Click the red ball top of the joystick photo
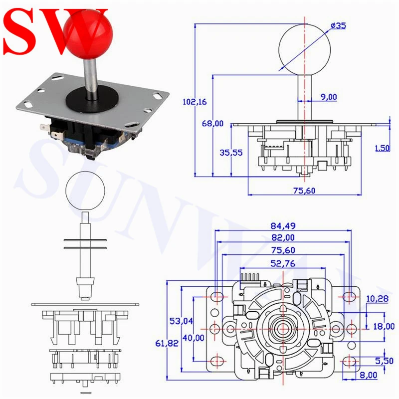[88, 34]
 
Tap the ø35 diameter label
[338, 25]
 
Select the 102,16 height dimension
[195, 102]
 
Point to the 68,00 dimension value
[212, 123]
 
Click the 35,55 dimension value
[231, 153]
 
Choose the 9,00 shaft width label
[329, 97]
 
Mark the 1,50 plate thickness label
[383, 148]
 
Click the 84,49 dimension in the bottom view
[283, 226]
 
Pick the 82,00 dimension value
[283, 237]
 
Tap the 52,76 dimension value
[283, 263]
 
